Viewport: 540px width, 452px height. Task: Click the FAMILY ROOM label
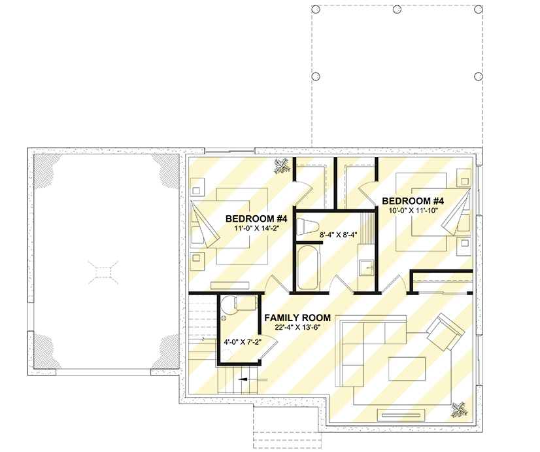297,318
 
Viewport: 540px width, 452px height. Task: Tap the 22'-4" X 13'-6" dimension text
297,328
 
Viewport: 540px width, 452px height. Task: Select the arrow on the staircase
245,379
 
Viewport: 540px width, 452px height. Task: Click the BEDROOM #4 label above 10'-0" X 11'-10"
414,201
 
